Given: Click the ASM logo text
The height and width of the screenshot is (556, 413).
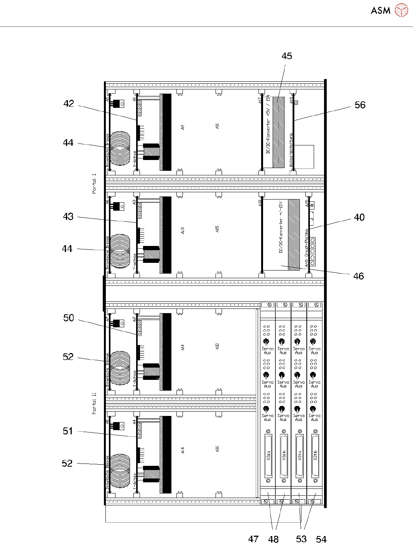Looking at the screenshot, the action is coord(380,10).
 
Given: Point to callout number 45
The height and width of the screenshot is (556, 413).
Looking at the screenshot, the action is coord(286,56).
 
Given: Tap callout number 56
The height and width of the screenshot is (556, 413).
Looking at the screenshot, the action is coord(360,105).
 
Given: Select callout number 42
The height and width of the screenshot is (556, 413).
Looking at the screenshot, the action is coord(69,104).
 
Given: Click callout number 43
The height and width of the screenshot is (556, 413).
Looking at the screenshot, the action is coord(68,216).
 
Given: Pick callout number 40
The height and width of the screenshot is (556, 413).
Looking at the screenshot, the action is coord(359,218).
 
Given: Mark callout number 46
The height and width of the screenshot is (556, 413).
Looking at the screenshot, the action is coord(358,276).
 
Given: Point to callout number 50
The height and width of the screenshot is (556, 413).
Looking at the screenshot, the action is coord(69,318).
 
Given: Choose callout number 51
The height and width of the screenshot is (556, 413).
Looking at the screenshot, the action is coord(68,431).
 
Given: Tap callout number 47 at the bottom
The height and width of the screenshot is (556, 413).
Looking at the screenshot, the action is coord(253,539).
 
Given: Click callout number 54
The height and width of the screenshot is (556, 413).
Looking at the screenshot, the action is coord(321,540).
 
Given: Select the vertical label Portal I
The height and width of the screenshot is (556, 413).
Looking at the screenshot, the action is coord(94,183).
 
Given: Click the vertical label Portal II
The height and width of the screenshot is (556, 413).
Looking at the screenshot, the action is coord(94,403).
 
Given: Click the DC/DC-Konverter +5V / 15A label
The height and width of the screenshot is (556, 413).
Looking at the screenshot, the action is coord(268,125).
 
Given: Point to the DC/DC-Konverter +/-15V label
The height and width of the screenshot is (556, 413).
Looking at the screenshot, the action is coord(281,227).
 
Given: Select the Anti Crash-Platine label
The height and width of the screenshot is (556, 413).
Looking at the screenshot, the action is coord(306,248).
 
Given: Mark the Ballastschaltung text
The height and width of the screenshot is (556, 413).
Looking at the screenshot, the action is coord(291,150).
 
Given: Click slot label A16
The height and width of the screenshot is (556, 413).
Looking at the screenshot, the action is coord(217,449).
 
